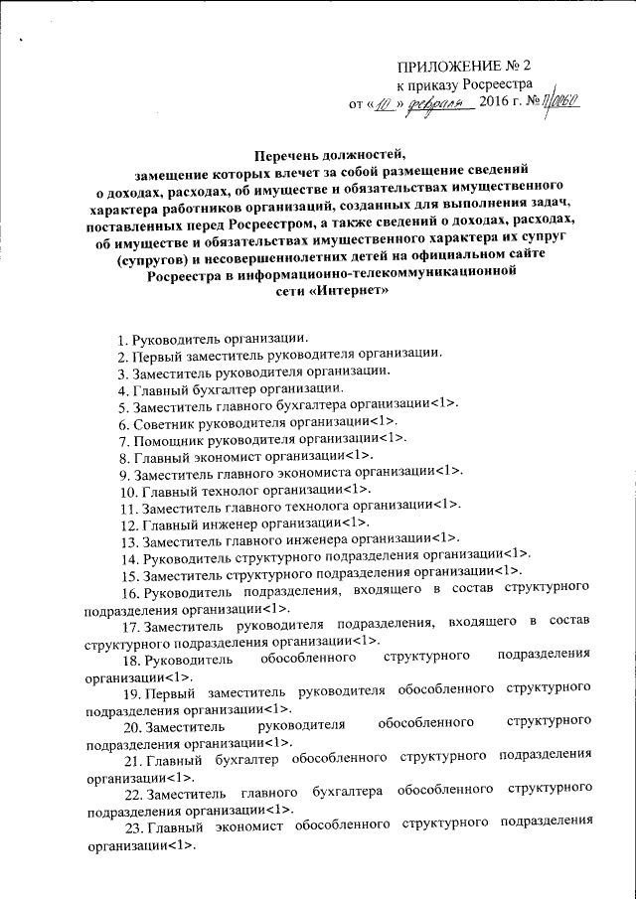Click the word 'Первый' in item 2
(158, 355)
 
